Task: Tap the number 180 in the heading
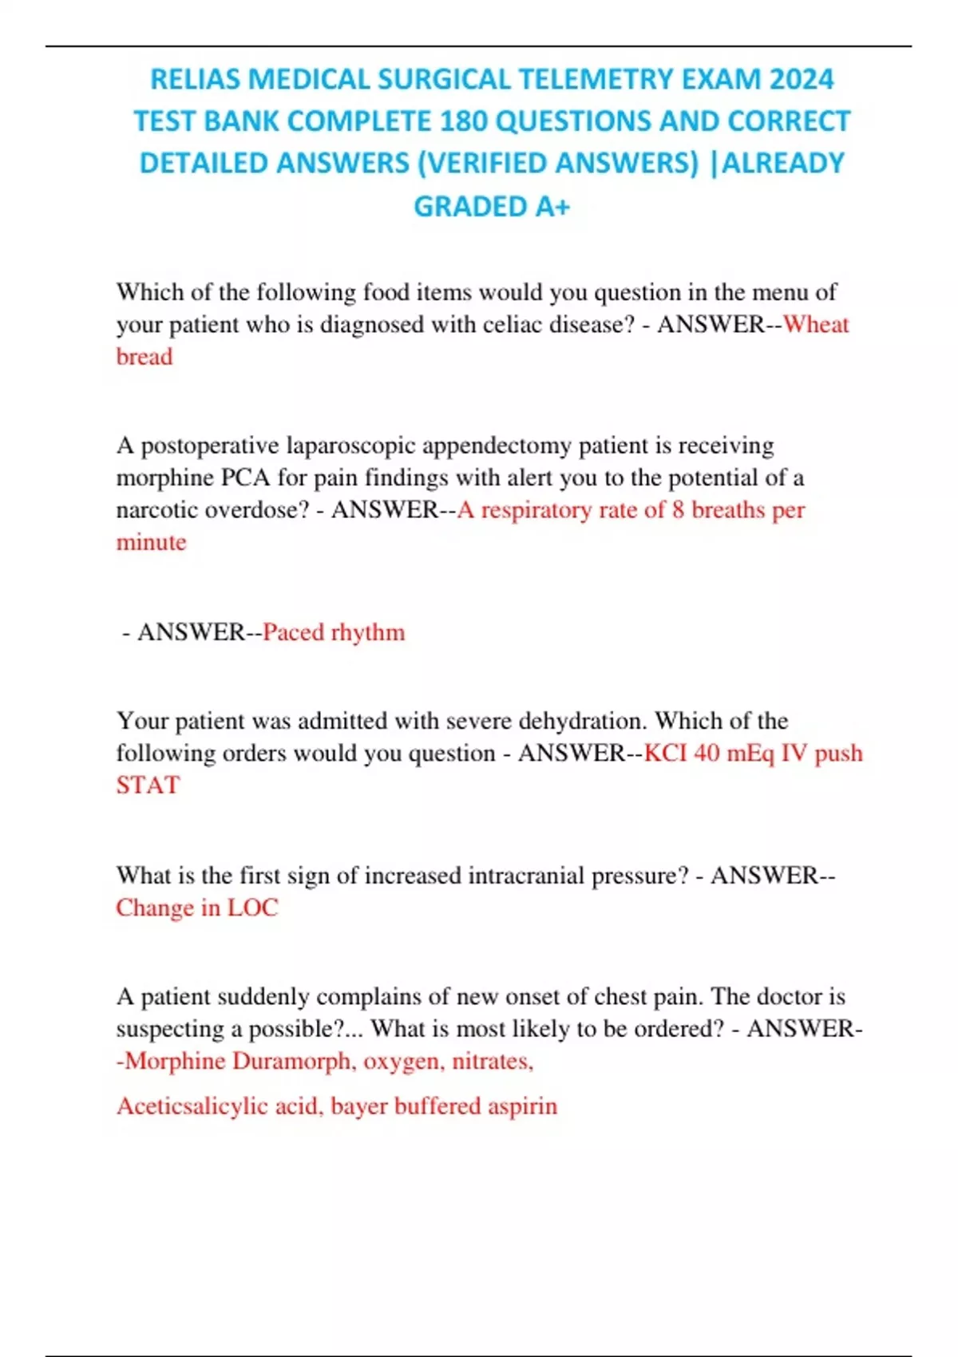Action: (x=464, y=121)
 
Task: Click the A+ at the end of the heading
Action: (x=552, y=207)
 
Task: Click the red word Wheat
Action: (x=816, y=324)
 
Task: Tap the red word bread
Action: (x=144, y=357)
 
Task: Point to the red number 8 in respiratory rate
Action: (x=678, y=510)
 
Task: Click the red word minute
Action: (x=152, y=542)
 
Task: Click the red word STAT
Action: (x=148, y=785)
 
